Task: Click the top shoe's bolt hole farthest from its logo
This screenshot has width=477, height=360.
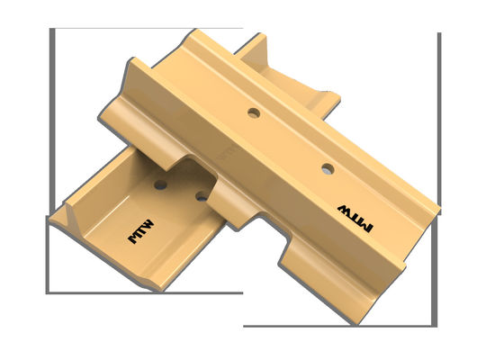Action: [x=254, y=113]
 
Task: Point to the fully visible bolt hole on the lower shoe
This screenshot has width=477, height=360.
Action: [x=160, y=184]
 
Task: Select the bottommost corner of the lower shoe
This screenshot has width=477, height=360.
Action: [x=162, y=290]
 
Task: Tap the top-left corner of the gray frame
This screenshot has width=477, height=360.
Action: [x=50, y=30]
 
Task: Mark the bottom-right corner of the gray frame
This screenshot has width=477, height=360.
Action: [x=438, y=325]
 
